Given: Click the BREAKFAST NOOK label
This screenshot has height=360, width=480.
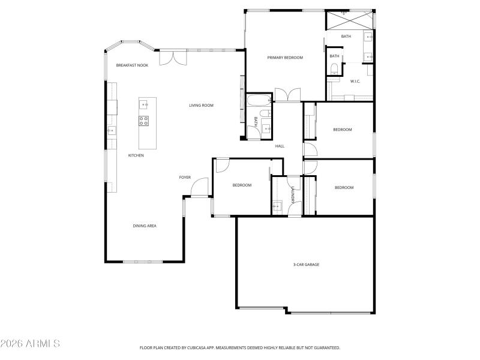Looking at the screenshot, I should click(x=132, y=65).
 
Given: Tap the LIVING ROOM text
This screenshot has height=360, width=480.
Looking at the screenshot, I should click(x=201, y=106).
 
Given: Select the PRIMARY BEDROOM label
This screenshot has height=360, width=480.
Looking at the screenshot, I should click(x=285, y=58).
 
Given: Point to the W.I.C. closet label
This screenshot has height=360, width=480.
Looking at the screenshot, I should click(x=355, y=81).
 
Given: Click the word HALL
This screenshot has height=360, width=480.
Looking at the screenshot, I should click(x=280, y=146).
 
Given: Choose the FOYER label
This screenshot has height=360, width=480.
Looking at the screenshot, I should click(x=185, y=178).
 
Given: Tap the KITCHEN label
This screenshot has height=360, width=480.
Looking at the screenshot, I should click(x=136, y=155).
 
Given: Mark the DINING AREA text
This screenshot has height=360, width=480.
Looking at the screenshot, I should click(x=145, y=226).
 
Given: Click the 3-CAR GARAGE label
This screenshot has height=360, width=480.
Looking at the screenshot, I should click(x=306, y=264).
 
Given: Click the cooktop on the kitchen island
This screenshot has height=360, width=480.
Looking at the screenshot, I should click(x=144, y=120).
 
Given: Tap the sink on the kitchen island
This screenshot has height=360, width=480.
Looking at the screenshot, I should click(x=144, y=104).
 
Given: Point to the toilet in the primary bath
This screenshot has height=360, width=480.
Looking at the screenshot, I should click(x=334, y=67).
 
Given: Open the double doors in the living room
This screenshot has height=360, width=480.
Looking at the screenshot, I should click(x=173, y=58).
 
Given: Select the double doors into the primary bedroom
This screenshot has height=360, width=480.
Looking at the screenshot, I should click(x=287, y=95).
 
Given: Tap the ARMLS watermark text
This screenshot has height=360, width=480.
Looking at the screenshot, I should click(x=30, y=344).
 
